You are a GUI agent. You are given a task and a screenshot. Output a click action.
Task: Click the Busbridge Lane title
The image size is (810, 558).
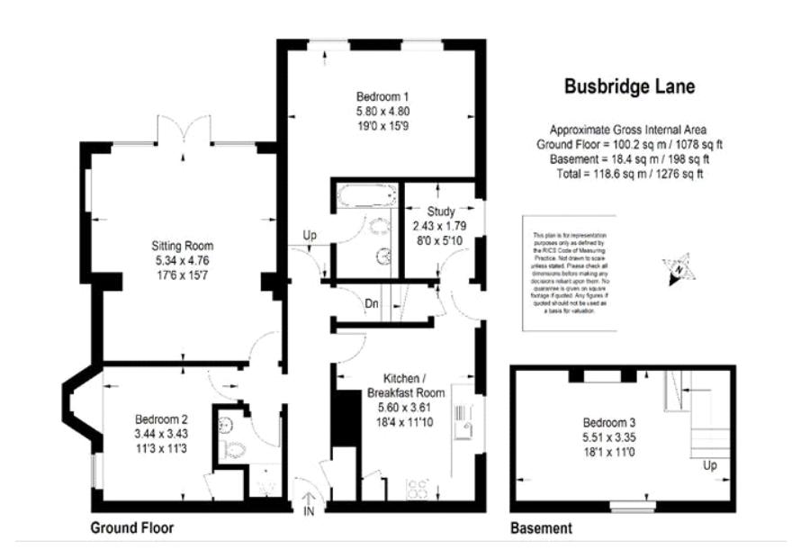click(629, 87)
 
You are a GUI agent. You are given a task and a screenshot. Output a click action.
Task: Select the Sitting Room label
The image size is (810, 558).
click(182, 245)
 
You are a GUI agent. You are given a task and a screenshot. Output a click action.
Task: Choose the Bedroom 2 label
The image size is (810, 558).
click(161, 418)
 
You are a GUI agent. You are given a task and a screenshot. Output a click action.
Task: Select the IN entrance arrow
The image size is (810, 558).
click(308, 500)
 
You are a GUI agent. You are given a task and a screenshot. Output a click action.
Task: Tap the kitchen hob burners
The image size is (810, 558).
click(418, 490)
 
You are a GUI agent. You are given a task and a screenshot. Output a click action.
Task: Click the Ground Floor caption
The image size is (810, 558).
click(131, 528)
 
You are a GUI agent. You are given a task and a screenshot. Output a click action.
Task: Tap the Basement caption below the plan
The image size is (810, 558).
click(541, 529)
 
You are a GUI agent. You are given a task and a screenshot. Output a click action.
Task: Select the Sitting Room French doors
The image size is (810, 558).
click(184, 130)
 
